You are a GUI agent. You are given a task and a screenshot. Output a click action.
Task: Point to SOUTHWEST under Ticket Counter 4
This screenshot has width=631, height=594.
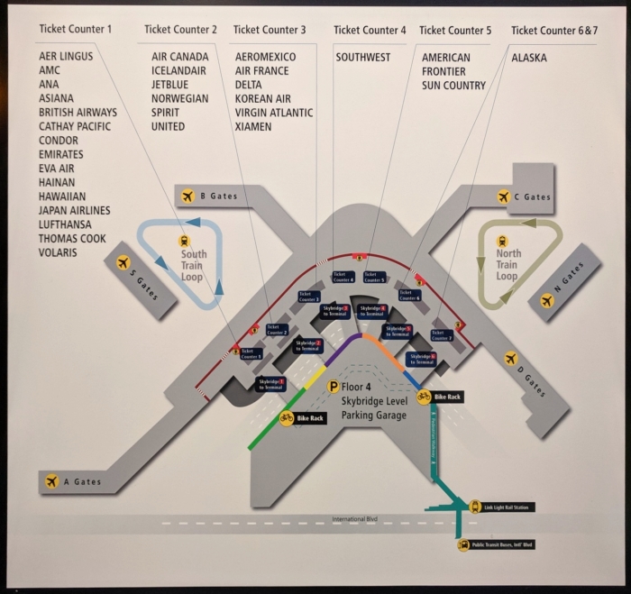coord(363,58)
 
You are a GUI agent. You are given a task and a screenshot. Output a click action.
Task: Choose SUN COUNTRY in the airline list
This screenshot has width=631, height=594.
coord(453,86)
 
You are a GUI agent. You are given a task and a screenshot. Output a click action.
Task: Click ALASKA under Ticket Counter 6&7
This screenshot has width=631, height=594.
coord(528,58)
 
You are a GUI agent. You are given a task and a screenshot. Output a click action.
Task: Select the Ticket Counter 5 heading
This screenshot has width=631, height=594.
coord(455,31)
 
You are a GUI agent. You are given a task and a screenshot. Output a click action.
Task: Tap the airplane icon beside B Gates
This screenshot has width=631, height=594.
coord(188,196)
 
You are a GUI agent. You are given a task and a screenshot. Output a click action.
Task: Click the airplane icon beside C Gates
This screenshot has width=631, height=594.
coord(504,196)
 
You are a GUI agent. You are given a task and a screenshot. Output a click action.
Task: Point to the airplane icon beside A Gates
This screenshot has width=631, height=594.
coord(51,481)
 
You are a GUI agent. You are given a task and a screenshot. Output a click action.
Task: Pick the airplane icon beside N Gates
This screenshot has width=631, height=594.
coord(546,301)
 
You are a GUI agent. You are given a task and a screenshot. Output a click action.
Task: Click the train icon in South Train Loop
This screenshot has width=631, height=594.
coord(184,241)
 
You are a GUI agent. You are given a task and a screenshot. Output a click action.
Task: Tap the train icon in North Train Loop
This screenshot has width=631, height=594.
coord(502,241)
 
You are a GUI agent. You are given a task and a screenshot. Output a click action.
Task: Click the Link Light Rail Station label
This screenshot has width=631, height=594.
coord(508,507)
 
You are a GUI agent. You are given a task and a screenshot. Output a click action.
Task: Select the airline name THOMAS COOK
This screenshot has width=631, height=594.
coord(72,239)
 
